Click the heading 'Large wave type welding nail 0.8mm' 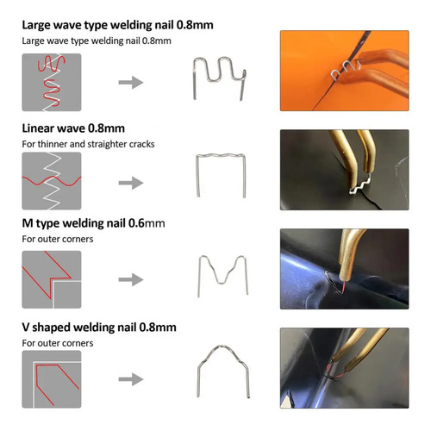[x=117, y=25]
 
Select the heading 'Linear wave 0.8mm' [x=73, y=128]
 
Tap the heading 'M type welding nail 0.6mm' [x=93, y=223]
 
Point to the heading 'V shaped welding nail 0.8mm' [x=99, y=328]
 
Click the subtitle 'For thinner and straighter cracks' [x=88, y=144]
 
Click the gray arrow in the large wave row [x=131, y=83]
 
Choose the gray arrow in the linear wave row [x=131, y=183]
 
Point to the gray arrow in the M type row [x=131, y=279]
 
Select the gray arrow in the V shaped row [x=131, y=379]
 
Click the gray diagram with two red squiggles [x=52, y=82]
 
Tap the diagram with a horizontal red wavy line [x=52, y=181]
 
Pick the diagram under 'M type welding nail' [x=52, y=279]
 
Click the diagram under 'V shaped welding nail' [x=52, y=379]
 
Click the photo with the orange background [x=345, y=71]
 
